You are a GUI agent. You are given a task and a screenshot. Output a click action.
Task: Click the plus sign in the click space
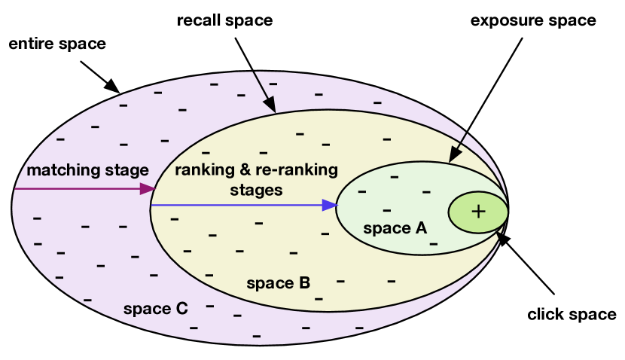(477, 212)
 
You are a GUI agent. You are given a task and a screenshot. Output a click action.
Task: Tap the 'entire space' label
(57, 44)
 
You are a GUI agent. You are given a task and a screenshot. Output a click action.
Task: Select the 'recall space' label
(224, 21)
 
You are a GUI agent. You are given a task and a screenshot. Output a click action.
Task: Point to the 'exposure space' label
(533, 21)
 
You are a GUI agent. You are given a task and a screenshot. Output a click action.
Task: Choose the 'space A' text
(395, 227)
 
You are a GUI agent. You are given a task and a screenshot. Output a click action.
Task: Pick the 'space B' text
(279, 284)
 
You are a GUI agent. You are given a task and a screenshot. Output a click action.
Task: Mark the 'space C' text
(155, 309)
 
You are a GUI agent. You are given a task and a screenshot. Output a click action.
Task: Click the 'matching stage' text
(88, 170)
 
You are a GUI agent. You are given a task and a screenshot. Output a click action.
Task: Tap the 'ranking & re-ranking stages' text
(256, 179)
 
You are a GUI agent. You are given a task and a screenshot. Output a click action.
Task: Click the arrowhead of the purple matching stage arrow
(148, 188)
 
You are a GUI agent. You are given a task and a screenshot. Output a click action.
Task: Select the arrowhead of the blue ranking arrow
(329, 205)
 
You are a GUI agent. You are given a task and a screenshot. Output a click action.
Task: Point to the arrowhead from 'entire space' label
(112, 87)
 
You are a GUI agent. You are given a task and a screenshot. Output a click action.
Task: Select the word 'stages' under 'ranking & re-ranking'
(256, 190)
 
